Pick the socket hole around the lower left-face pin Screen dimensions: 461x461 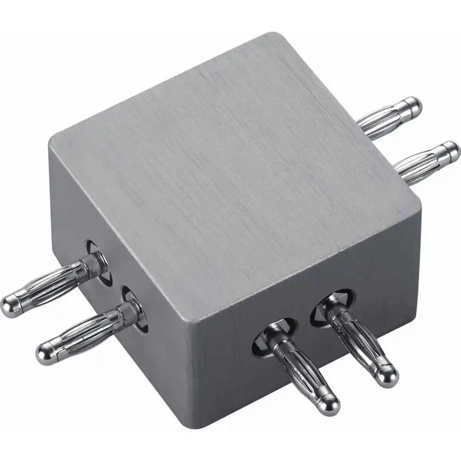[134, 307]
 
